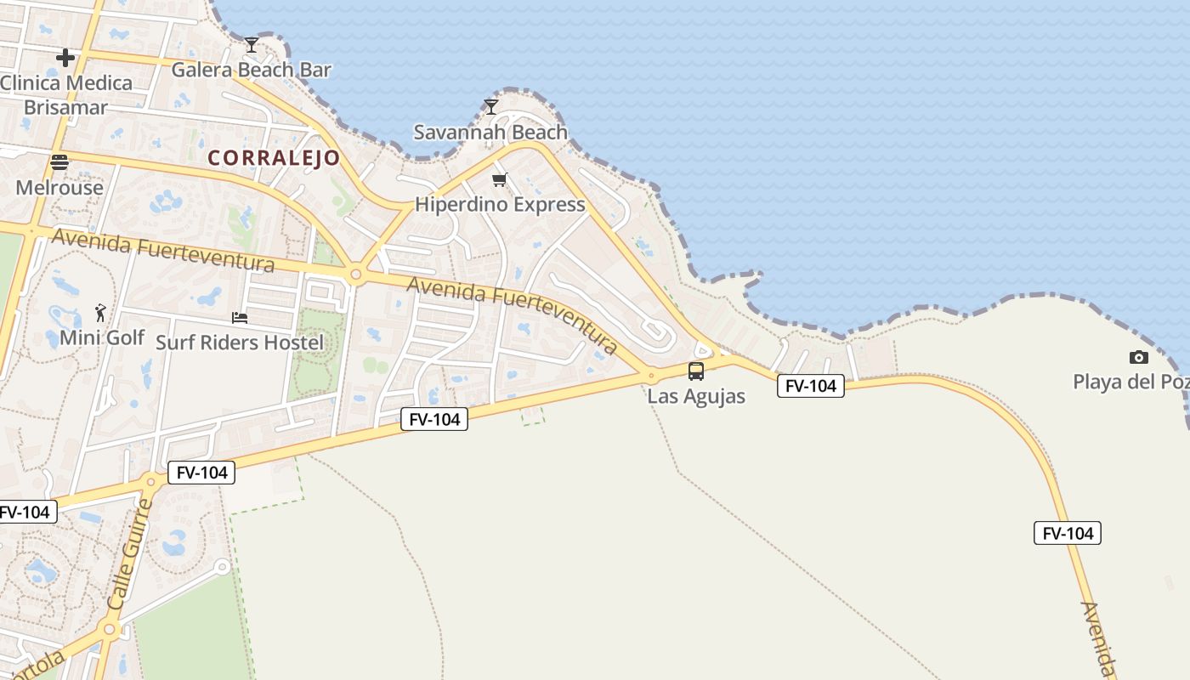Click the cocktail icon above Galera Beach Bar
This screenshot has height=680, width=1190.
pos(251,44)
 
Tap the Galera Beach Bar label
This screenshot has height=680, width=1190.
pos(251,70)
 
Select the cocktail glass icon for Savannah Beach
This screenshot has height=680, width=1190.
pos(490,106)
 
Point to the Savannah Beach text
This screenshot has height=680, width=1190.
pos(490,132)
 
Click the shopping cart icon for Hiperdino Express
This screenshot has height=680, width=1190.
pos(500,179)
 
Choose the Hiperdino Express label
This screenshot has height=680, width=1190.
pos(500,205)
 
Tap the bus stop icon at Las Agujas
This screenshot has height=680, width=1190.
pos(696,371)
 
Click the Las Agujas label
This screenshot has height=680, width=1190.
pos(696,396)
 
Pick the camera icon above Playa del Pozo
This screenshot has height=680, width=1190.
pos(1138,357)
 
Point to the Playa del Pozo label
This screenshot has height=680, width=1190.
pos(1130,382)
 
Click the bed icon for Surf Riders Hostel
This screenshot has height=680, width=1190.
pos(240,318)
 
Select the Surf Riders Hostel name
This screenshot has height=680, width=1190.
pos(240,343)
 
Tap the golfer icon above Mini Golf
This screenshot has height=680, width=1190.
pos(101,313)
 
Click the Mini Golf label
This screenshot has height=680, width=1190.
pos(102,337)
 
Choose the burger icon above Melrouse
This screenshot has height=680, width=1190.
pos(59,162)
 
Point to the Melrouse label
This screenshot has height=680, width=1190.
pos(59,188)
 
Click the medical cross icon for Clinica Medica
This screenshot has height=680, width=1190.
pos(65,58)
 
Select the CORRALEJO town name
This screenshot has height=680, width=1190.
pos(274,158)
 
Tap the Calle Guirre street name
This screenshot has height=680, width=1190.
pos(130,553)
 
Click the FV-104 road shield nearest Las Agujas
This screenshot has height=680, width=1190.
pos(810,386)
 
